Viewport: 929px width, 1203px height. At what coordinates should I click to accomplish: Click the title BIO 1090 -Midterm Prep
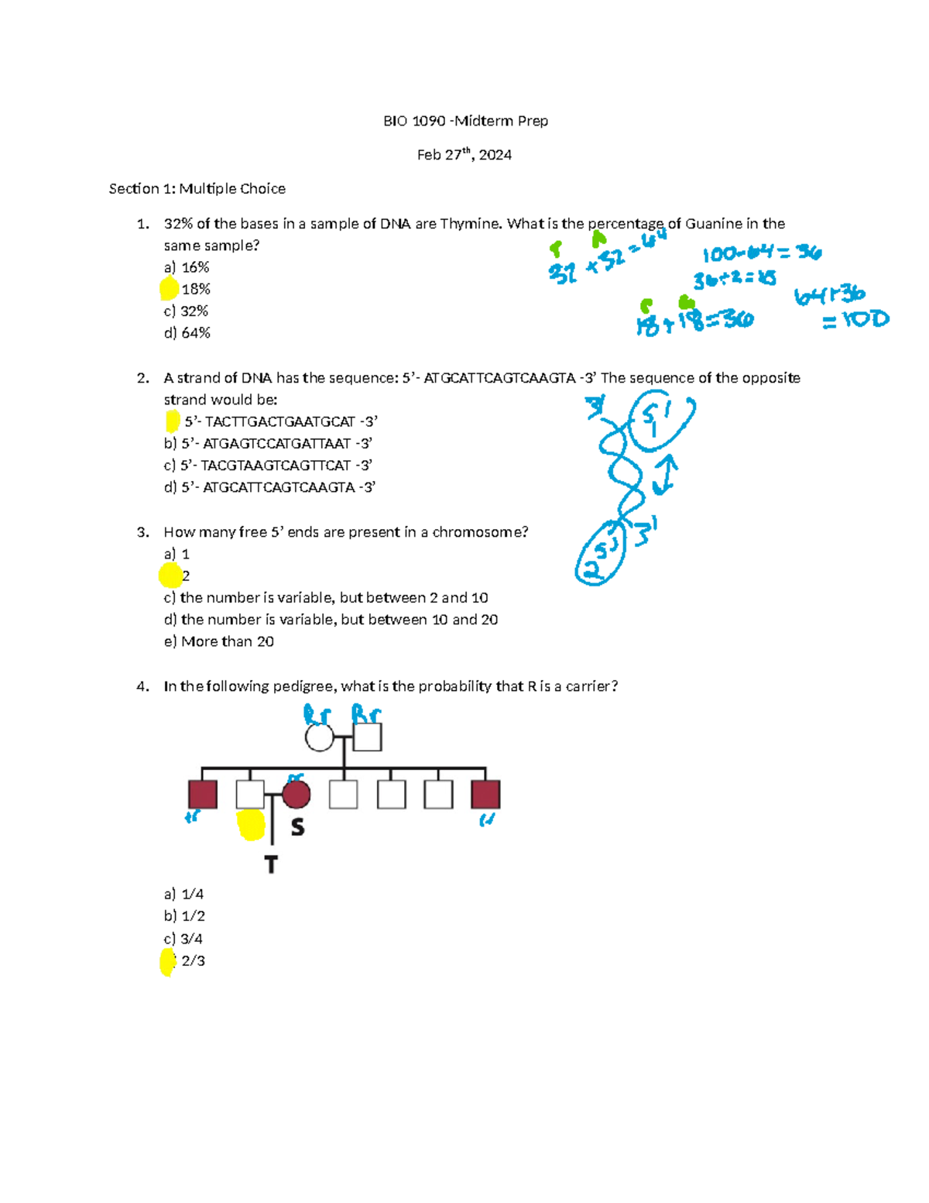[x=465, y=121]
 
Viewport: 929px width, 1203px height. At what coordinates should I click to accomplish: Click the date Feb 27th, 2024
[x=464, y=155]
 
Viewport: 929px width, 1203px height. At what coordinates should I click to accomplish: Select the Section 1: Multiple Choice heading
[x=197, y=189]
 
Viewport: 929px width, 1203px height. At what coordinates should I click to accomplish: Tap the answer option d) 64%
[x=187, y=333]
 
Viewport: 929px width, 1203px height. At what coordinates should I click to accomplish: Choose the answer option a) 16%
[x=187, y=267]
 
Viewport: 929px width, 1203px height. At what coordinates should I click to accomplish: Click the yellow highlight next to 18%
[x=169, y=289]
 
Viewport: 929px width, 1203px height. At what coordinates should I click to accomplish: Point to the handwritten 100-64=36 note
[x=761, y=253]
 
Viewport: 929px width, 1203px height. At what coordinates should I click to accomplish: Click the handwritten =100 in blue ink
[x=855, y=319]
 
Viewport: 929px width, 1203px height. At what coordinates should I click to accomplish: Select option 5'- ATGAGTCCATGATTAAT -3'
[x=269, y=444]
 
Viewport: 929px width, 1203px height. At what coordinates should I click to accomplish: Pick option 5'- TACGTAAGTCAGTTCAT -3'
[x=268, y=466]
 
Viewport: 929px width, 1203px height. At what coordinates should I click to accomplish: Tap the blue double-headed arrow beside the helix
[x=664, y=474]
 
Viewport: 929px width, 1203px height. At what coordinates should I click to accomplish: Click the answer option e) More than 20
[x=219, y=641]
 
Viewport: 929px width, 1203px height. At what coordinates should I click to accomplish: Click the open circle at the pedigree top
[x=319, y=737]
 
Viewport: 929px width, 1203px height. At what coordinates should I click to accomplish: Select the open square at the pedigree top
[x=367, y=737]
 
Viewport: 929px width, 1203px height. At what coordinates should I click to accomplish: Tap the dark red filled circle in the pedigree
[x=296, y=794]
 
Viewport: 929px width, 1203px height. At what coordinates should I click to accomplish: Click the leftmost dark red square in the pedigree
[x=203, y=794]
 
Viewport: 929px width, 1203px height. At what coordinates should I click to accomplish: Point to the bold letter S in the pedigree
[x=297, y=827]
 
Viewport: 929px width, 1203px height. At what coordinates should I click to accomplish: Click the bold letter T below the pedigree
[x=271, y=864]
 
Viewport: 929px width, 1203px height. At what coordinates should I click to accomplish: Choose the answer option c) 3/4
[x=183, y=939]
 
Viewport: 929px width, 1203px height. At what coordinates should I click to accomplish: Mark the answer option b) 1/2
[x=184, y=916]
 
